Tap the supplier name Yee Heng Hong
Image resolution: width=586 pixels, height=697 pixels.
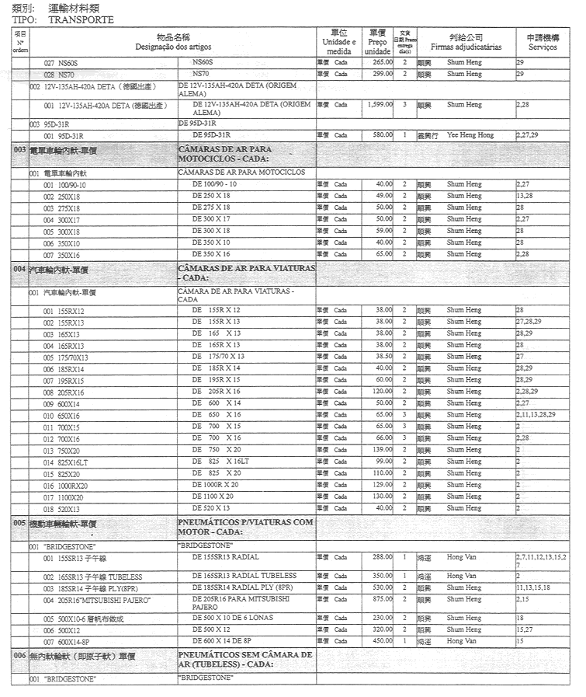(470, 135)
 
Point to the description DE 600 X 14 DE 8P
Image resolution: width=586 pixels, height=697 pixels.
(226, 641)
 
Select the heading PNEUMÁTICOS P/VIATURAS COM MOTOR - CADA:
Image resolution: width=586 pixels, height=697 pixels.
(245, 527)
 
